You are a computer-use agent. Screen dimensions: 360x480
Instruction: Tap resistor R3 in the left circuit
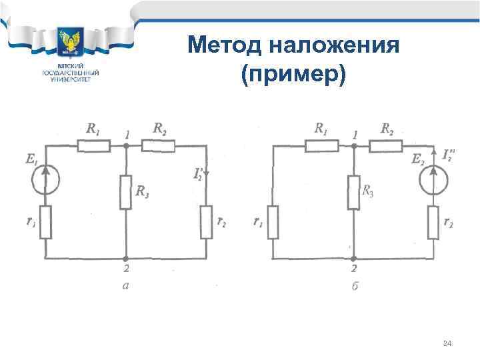(x=125, y=192)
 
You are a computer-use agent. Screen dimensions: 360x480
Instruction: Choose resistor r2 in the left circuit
(x=206, y=221)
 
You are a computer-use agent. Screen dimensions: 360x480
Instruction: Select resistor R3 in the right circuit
(x=353, y=192)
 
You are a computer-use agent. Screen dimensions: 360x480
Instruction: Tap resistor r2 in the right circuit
(x=435, y=221)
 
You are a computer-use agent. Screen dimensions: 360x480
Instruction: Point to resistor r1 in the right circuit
(x=273, y=222)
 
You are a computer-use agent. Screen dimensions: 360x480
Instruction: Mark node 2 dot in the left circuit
(x=125, y=257)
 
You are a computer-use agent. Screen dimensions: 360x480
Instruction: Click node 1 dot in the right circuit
(x=353, y=145)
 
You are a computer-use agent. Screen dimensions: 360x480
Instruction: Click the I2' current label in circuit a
(x=198, y=174)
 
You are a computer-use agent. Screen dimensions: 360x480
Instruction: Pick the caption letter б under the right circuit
(x=354, y=287)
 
